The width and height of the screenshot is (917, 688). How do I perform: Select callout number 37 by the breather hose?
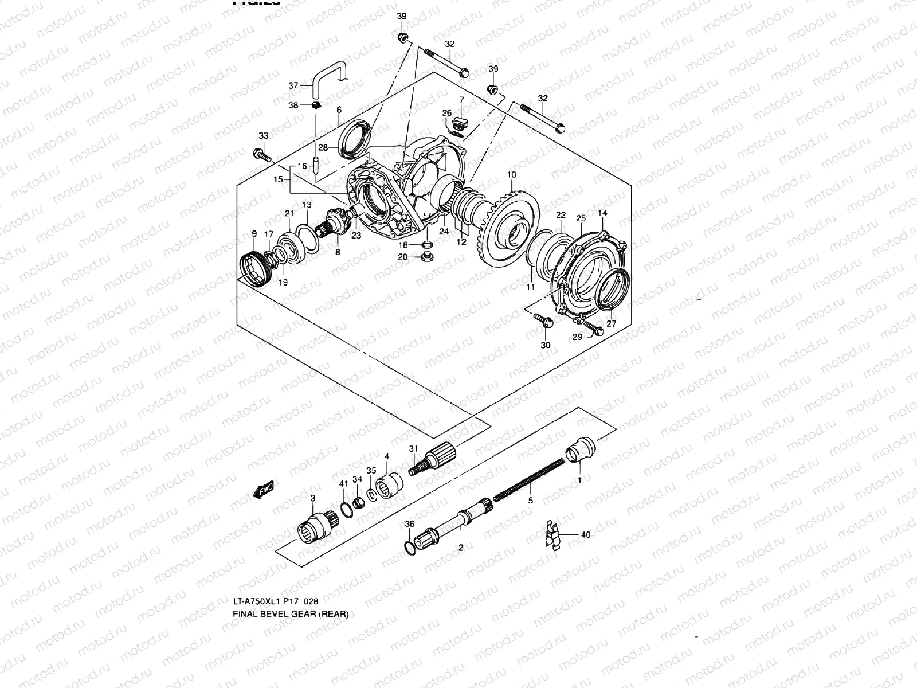[x=293, y=86]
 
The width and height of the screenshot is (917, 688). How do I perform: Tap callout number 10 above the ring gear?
[x=512, y=174]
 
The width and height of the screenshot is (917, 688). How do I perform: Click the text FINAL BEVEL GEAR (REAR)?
[x=290, y=613]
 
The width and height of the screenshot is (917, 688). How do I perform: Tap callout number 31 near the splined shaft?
[x=413, y=448]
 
